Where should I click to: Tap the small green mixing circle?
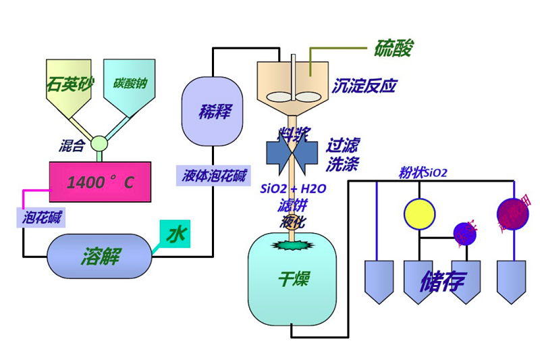pyautogui.click(x=100, y=143)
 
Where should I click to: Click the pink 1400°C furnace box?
pyautogui.click(x=100, y=182)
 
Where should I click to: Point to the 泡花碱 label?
pyautogui.click(x=40, y=217)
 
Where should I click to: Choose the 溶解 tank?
pyautogui.click(x=99, y=256)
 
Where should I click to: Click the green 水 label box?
pyautogui.click(x=175, y=234)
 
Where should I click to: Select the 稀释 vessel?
pyautogui.click(x=213, y=111)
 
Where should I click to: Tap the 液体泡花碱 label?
pyautogui.click(x=214, y=176)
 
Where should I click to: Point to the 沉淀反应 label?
pyautogui.click(x=364, y=86)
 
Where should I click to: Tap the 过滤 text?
pyautogui.click(x=344, y=145)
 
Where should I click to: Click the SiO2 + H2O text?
pyautogui.click(x=293, y=189)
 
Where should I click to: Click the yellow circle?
pyautogui.click(x=419, y=213)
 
